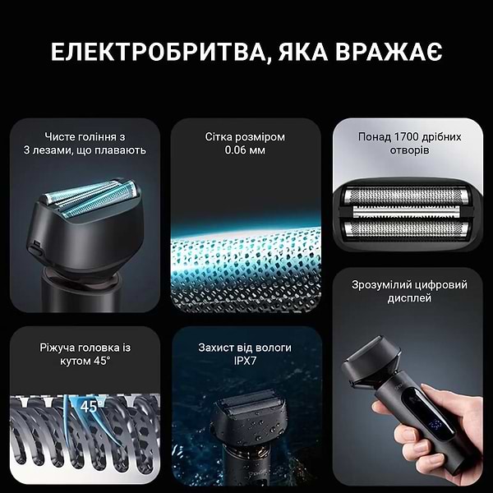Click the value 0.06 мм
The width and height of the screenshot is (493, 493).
[246, 150]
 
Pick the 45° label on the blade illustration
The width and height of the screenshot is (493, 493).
[88, 405]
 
